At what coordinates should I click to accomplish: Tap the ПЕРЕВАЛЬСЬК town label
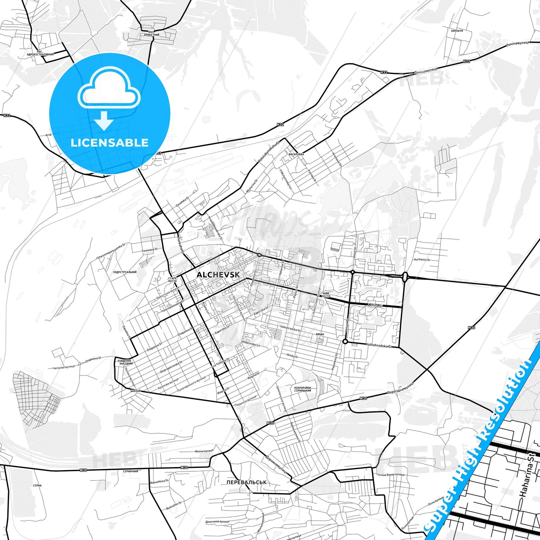pyautogui.click(x=246, y=482)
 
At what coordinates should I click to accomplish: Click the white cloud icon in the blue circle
pyautogui.click(x=109, y=90)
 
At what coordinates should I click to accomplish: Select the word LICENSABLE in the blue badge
pyautogui.click(x=109, y=142)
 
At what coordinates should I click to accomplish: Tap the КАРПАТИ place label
pyautogui.click(x=457, y=30)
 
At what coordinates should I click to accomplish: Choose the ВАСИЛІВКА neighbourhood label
pyautogui.click(x=296, y=154)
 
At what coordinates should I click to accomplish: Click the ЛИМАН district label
pyautogui.click(x=320, y=334)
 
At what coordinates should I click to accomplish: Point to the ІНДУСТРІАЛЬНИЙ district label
pyautogui.click(x=125, y=272)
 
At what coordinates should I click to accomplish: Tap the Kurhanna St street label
pyautogui.click(x=422, y=259)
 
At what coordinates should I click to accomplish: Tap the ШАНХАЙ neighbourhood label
pyautogui.click(x=136, y=391)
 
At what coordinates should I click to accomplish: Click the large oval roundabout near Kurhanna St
pyautogui.click(x=405, y=277)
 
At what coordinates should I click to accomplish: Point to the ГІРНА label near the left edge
pyautogui.click(x=37, y=485)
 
